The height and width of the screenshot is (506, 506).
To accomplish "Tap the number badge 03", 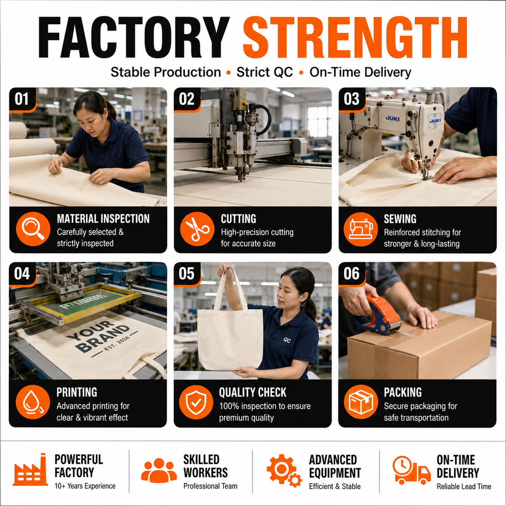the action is (352, 99).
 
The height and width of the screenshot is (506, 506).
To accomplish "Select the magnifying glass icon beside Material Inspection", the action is (33, 229).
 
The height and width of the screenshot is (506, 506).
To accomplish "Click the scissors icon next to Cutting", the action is (197, 229).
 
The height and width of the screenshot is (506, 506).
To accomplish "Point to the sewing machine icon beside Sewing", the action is (361, 229).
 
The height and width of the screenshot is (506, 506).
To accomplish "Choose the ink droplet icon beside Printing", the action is (33, 402).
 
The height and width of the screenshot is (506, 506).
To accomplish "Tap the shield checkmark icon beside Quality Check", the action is (196, 402).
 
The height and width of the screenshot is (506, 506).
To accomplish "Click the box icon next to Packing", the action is (361, 402).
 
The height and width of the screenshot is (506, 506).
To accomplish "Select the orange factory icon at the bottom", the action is (30, 470).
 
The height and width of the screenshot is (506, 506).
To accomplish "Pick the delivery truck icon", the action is (412, 470).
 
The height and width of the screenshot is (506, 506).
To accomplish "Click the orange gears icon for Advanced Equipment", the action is (284, 471).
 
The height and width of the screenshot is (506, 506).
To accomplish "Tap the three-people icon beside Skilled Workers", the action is (159, 471).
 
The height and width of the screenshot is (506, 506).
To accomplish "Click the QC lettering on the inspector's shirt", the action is (287, 340).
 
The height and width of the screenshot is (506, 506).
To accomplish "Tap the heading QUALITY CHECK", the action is (252, 392).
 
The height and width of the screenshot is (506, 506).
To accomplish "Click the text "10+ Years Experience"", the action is (85, 486).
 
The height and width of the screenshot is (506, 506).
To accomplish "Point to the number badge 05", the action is (187, 274).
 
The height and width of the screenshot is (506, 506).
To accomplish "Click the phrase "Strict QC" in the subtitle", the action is (265, 72).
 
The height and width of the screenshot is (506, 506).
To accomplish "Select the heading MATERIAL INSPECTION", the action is (103, 219).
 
